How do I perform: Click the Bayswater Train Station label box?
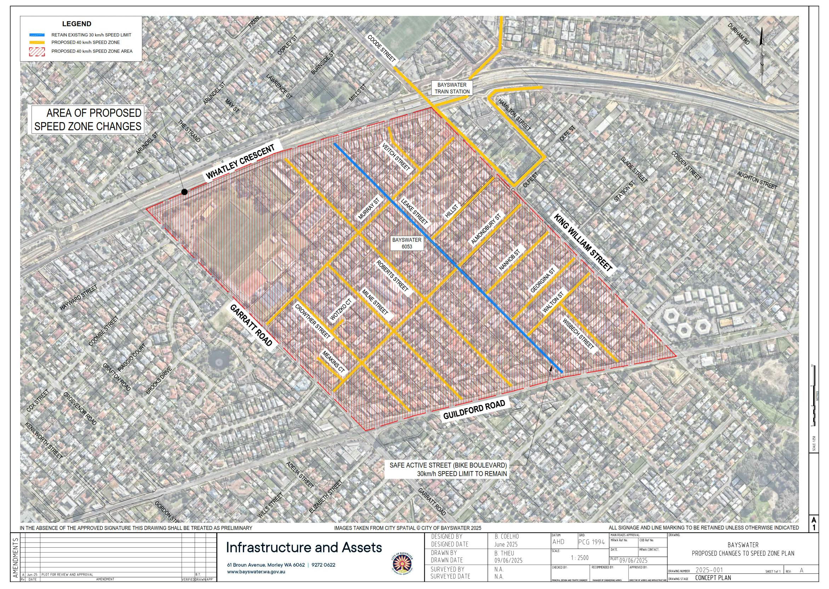click(x=452, y=88)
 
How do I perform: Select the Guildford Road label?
click(x=474, y=410)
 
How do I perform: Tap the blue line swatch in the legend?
click(x=37, y=35)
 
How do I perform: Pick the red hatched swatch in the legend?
click(x=37, y=51)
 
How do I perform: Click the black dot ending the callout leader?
click(x=184, y=192)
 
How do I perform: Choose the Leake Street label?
click(x=414, y=211)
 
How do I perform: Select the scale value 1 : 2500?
click(x=579, y=558)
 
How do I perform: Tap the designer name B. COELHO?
click(x=506, y=536)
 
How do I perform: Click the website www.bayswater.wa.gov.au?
click(x=256, y=572)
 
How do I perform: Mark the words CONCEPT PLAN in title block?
click(x=713, y=578)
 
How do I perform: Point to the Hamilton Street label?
click(x=514, y=115)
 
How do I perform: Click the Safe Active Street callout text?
click(x=448, y=469)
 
